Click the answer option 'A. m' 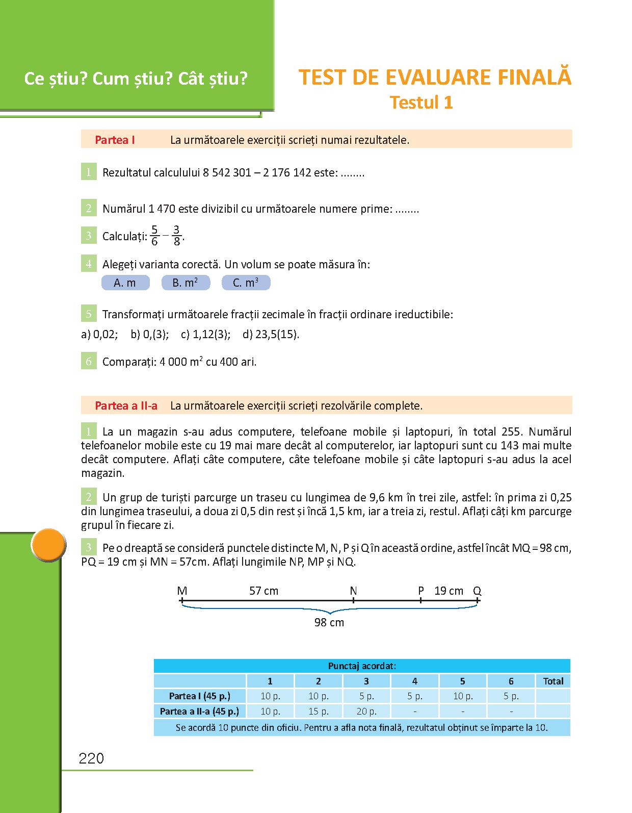click(x=125, y=283)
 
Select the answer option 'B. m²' click(x=186, y=283)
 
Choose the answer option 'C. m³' click(x=246, y=283)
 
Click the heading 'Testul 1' click(x=421, y=103)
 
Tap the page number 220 click(x=92, y=758)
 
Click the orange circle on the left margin click(x=49, y=546)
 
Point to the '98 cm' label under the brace click(x=329, y=622)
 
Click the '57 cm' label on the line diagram click(x=264, y=591)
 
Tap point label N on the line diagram click(x=353, y=591)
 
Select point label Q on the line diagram click(x=477, y=591)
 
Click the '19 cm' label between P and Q click(x=449, y=591)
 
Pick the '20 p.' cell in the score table click(x=366, y=711)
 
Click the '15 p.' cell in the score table click(x=319, y=711)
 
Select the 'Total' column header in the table click(x=553, y=681)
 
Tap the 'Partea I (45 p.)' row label click(x=200, y=696)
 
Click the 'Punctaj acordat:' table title click(x=362, y=666)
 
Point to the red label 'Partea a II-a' click(x=126, y=406)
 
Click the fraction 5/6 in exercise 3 click(x=154, y=236)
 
